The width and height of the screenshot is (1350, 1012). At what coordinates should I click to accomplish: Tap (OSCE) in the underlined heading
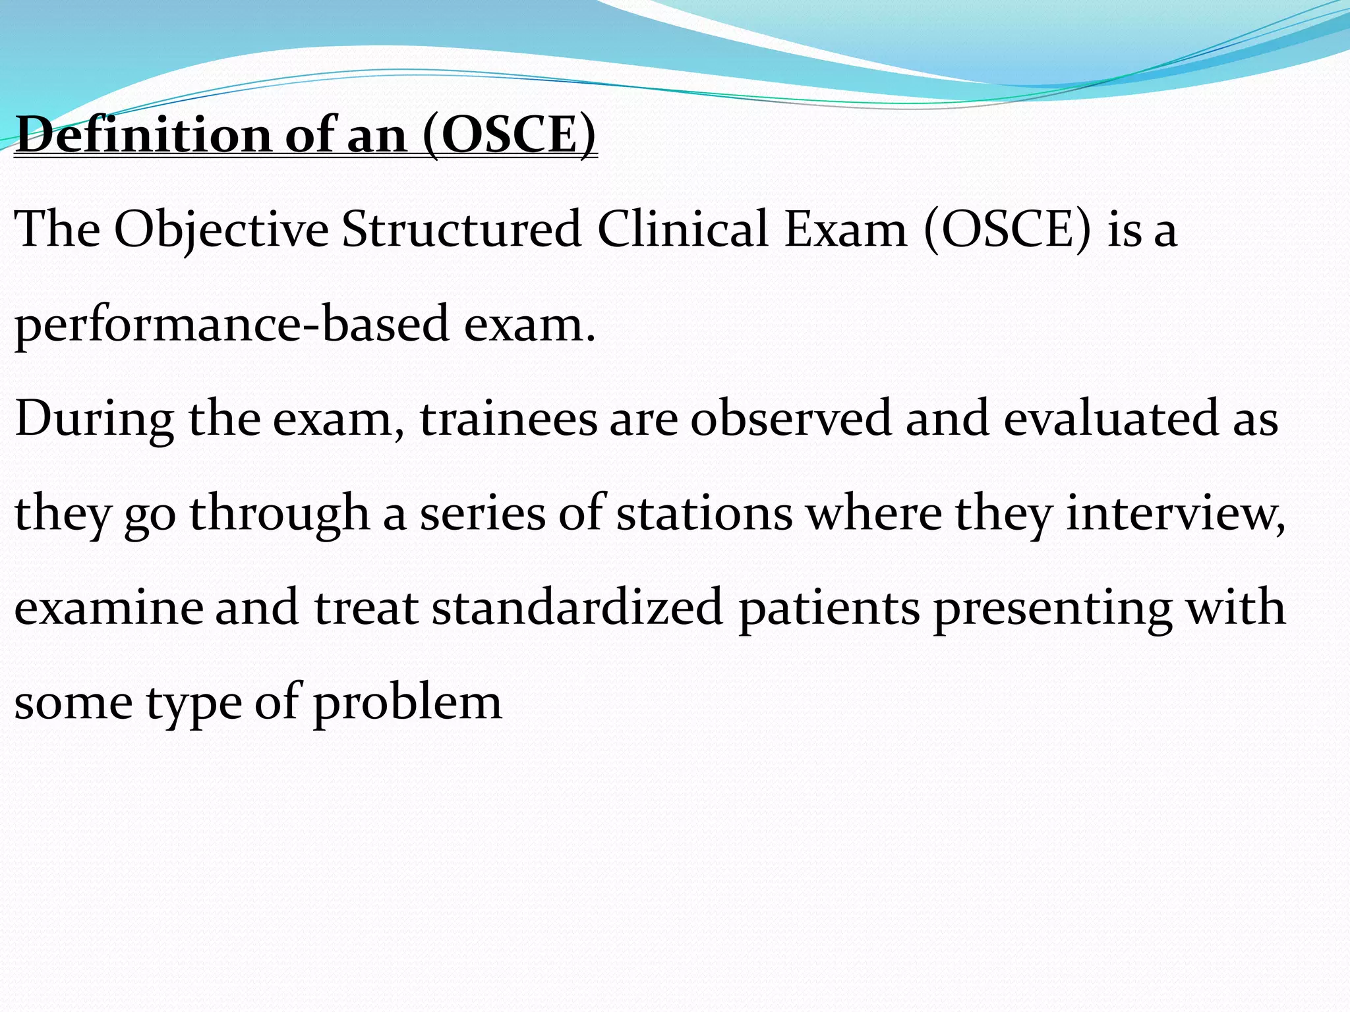509,135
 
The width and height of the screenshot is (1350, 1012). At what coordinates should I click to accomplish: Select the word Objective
221,230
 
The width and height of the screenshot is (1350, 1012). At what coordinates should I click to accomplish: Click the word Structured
461,230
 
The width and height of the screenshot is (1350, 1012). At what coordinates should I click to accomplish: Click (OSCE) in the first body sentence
1007,230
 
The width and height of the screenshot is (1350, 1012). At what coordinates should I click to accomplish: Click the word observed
790,419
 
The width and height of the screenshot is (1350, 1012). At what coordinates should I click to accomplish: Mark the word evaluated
1111,419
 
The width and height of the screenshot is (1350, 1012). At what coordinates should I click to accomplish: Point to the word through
279,514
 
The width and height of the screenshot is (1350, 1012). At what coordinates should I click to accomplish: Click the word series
483,514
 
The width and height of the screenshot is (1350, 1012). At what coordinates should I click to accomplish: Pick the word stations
704,514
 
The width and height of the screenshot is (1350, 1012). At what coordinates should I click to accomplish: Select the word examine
108,608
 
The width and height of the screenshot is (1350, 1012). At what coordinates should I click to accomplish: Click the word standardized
577,608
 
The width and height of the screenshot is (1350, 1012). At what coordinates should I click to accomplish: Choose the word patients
829,608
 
